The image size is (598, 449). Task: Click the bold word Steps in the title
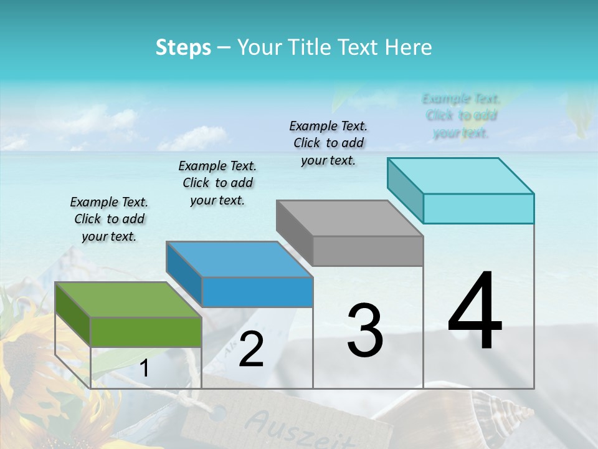[x=183, y=47]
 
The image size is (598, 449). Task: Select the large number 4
[x=475, y=311]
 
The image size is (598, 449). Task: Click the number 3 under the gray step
[x=364, y=330]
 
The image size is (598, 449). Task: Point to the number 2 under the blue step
[x=251, y=349]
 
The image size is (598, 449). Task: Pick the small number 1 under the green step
[x=145, y=369]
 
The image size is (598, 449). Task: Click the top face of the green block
[x=128, y=299]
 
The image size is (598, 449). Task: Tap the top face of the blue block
[x=239, y=259]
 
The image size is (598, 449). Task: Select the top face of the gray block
[x=349, y=218]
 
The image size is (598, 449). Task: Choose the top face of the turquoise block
[x=460, y=175]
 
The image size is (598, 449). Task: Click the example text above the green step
[x=109, y=219]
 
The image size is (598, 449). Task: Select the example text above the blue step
[x=217, y=183]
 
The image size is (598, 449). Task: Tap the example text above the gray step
[x=328, y=143]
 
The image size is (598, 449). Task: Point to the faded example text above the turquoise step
[x=461, y=115]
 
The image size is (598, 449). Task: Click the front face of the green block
[x=146, y=332]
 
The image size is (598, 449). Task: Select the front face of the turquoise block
[x=478, y=208]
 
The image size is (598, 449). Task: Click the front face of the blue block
[x=257, y=292]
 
